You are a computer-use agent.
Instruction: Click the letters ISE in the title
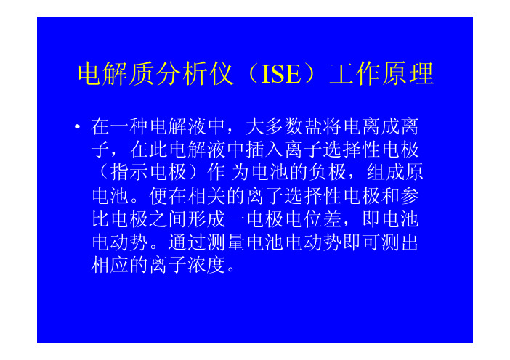pos(281,74)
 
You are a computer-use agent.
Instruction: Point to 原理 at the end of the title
pos(408,74)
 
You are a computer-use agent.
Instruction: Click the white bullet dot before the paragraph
pos(77,126)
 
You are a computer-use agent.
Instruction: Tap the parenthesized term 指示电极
pos(148,173)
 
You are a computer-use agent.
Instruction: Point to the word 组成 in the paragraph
pos(386,173)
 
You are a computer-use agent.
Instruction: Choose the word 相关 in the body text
pos(207,196)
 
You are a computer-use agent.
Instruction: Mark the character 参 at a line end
pos(410,196)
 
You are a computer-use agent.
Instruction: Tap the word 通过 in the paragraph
pos(187,242)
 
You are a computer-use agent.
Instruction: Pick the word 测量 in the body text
pos(226,242)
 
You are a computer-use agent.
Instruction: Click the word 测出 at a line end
pos(400,242)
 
